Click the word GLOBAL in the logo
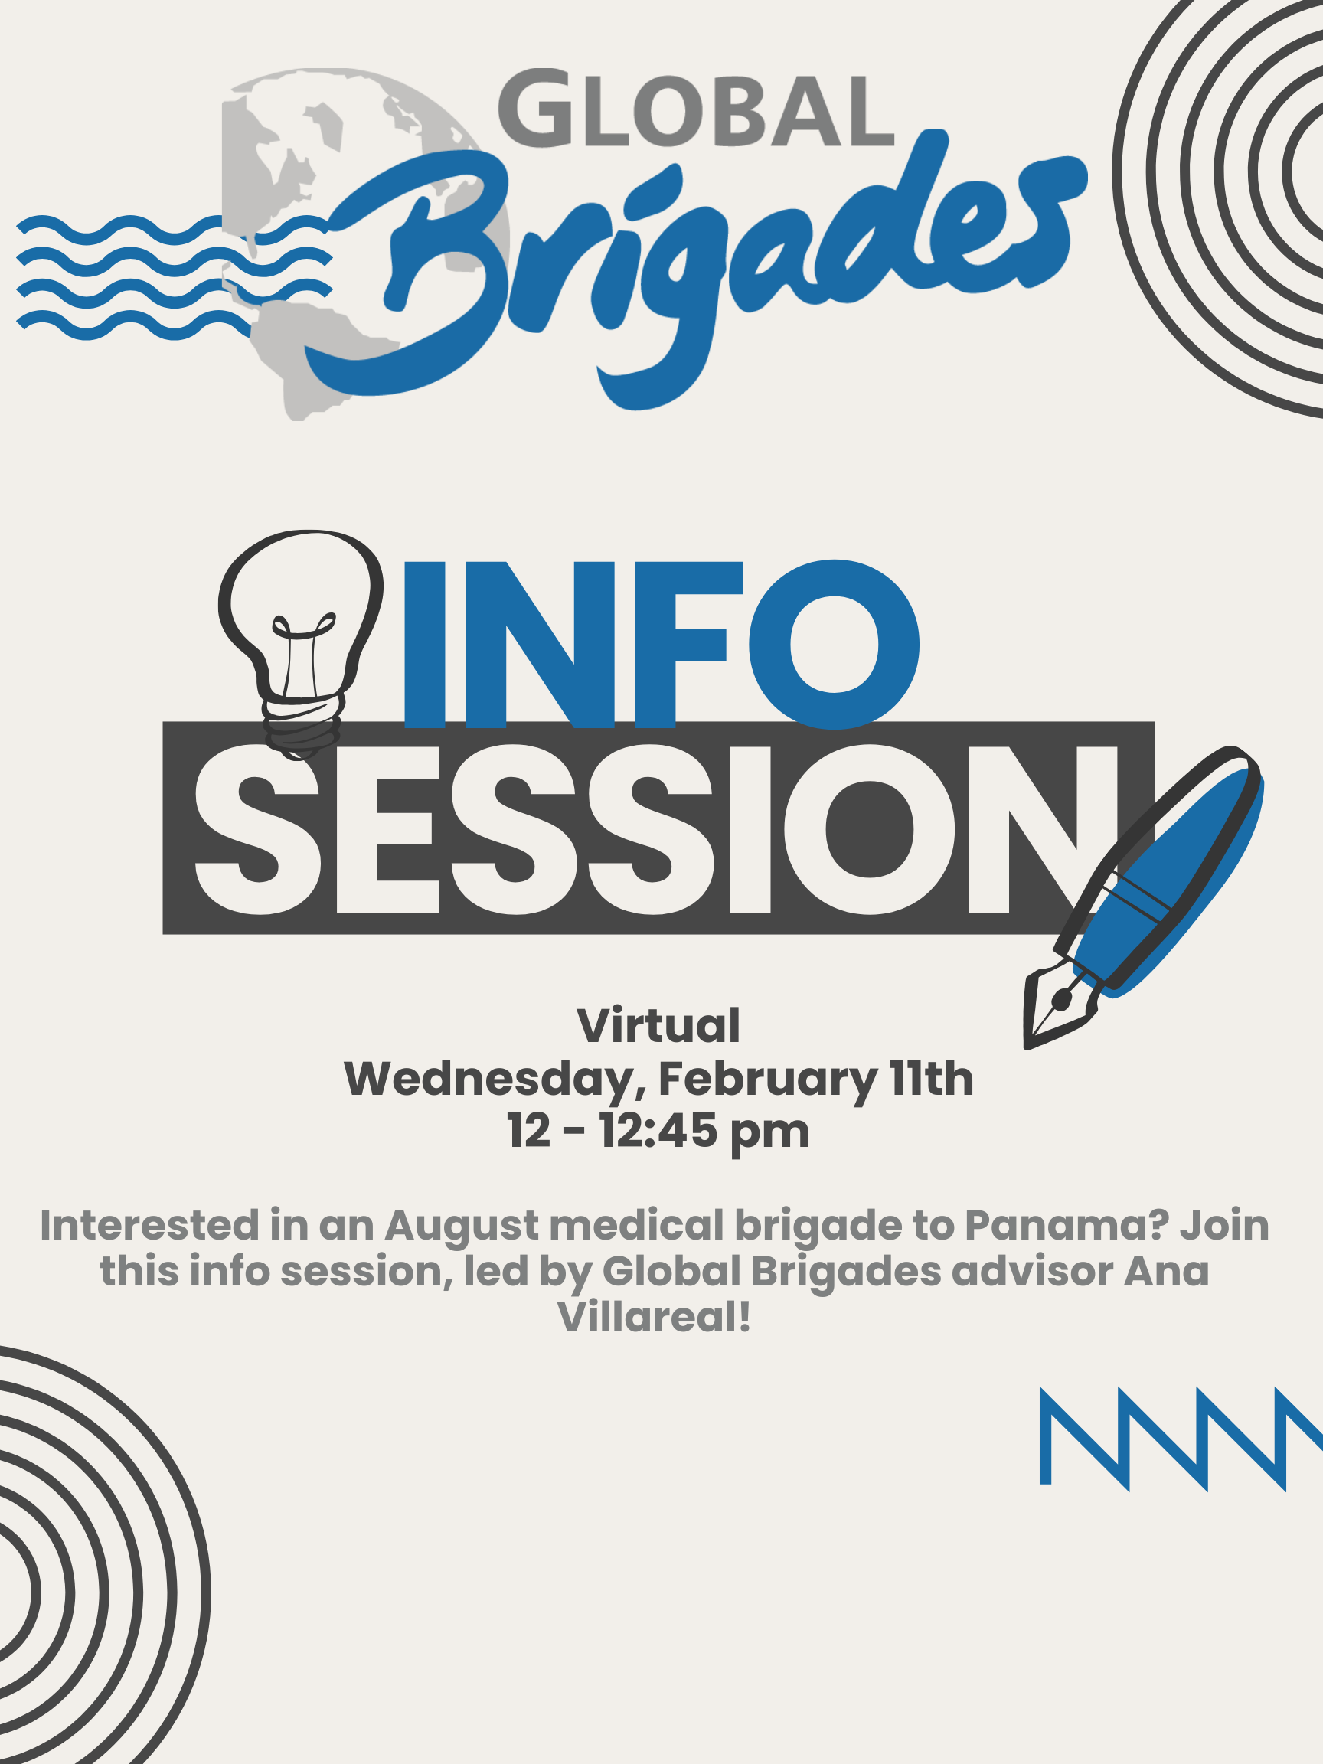point(695,109)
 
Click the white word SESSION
point(655,829)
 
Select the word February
point(767,1082)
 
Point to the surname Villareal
point(654,1317)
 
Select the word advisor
point(1033,1271)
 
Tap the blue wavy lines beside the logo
point(174,276)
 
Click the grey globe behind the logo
point(366,243)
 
